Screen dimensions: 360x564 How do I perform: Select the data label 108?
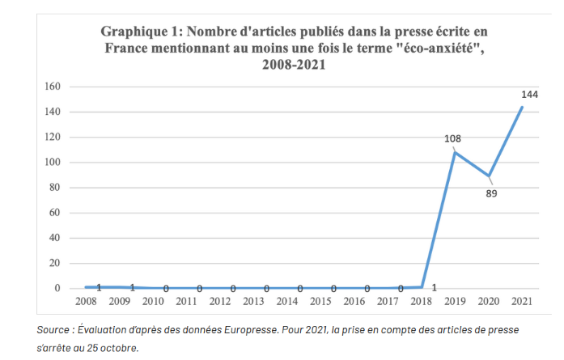(452, 139)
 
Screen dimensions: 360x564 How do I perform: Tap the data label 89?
(491, 193)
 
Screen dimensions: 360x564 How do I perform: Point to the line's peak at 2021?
(522, 107)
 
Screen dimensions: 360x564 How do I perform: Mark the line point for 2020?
(489, 176)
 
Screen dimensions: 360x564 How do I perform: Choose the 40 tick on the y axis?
(53, 239)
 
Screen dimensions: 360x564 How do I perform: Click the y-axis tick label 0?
(57, 289)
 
